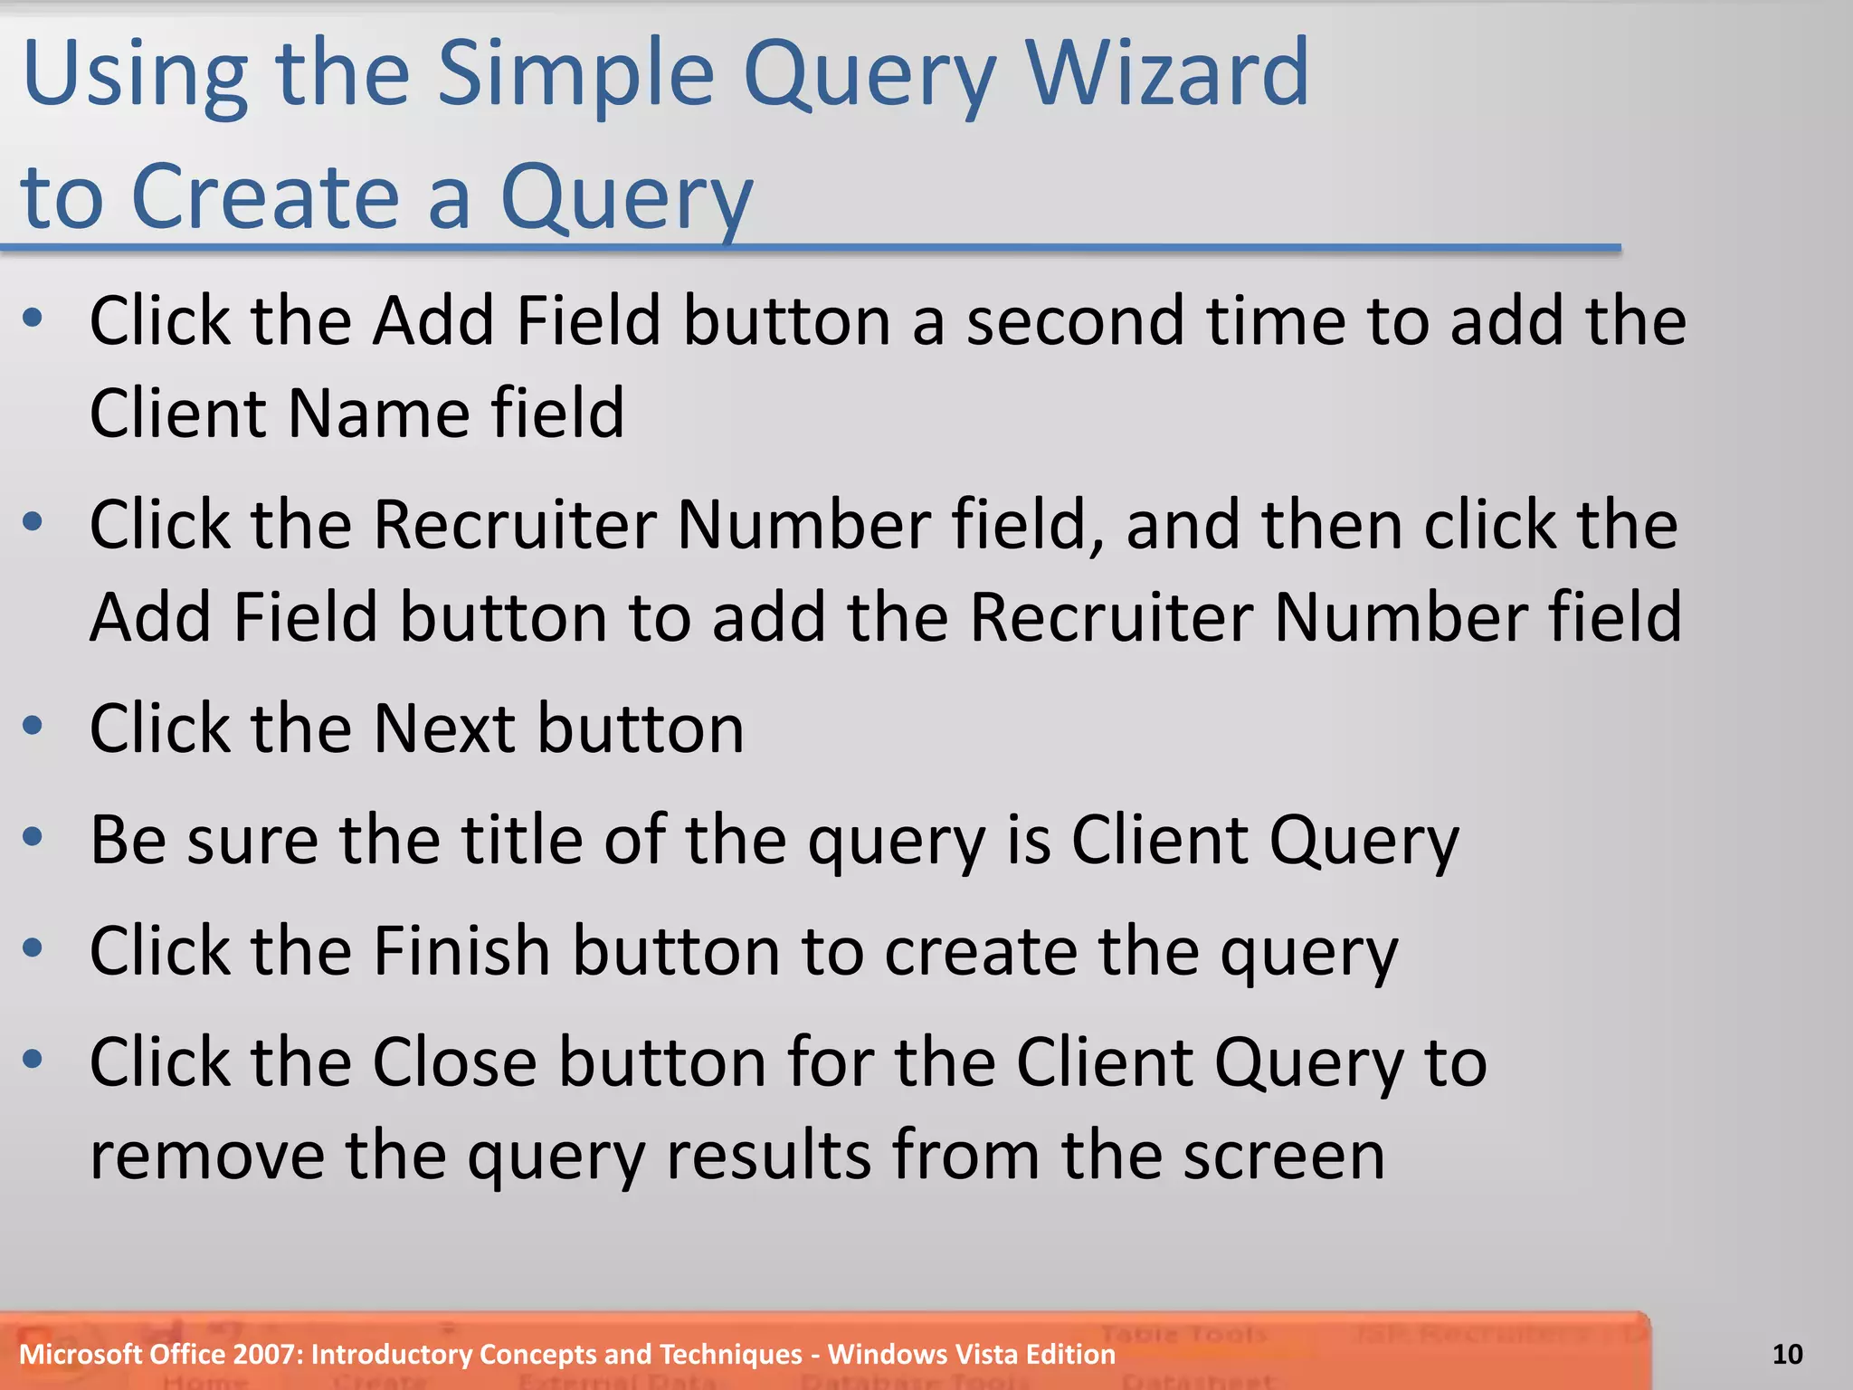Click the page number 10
[x=1787, y=1354]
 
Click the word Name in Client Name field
[x=378, y=413]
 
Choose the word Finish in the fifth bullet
[x=461, y=950]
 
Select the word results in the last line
[x=768, y=1156]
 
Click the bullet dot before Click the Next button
[x=33, y=726]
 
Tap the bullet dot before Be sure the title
[x=33, y=837]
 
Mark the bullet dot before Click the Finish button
[x=33, y=948]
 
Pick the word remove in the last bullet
[x=207, y=1156]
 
